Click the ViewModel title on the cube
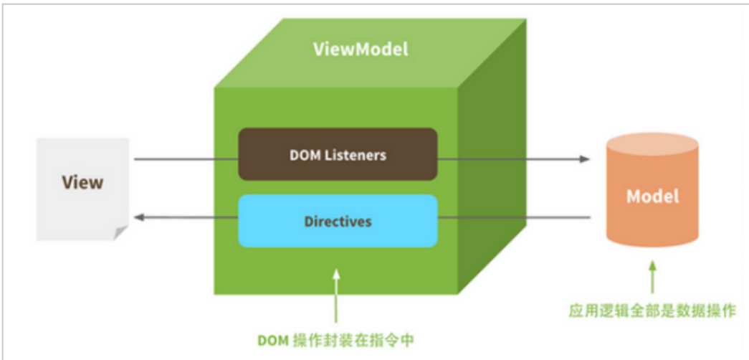(361, 49)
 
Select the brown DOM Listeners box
(338, 154)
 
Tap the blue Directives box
(338, 221)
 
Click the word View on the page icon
(82, 182)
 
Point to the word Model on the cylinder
(652, 196)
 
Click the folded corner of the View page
(120, 233)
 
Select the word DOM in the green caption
(272, 339)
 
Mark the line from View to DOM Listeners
(186, 158)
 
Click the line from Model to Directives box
(512, 217)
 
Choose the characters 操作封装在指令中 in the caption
(351, 339)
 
